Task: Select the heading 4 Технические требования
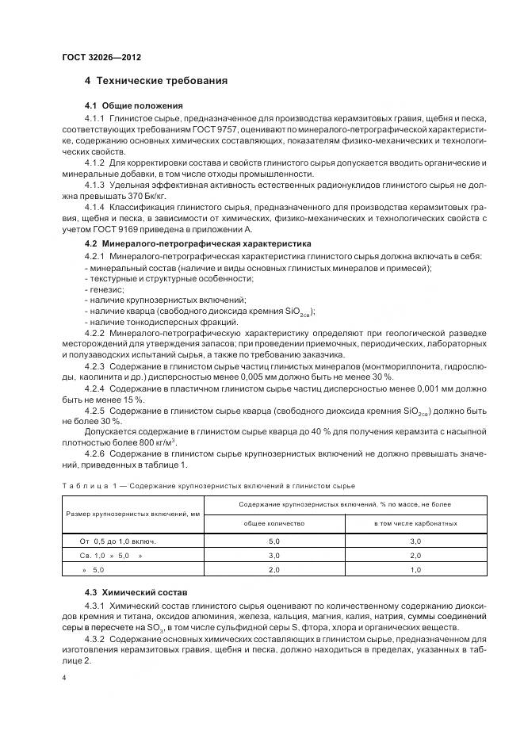point(156,81)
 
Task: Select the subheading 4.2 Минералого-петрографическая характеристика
point(198,243)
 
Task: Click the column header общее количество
point(273,524)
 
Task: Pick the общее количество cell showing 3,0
point(273,555)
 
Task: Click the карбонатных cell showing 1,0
point(415,569)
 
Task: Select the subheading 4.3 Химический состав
point(128,593)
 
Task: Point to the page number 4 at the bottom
point(64,678)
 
